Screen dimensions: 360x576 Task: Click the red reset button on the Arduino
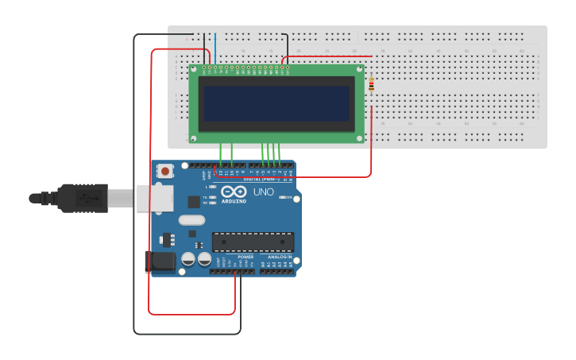tap(165, 170)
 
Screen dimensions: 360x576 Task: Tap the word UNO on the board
tap(263, 192)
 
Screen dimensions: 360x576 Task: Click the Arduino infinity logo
tap(233, 192)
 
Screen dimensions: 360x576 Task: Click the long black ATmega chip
tap(253, 242)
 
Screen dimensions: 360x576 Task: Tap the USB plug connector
tap(83, 198)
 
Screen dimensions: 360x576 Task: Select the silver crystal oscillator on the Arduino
tap(191, 220)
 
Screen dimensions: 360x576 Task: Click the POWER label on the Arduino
tap(245, 257)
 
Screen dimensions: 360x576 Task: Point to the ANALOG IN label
tap(279, 257)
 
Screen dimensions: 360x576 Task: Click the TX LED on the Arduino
tap(212, 197)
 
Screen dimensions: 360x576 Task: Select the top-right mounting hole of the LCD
tap(359, 69)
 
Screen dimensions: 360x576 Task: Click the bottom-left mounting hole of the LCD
tap(194, 137)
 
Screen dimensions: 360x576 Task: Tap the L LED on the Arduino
tap(212, 187)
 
